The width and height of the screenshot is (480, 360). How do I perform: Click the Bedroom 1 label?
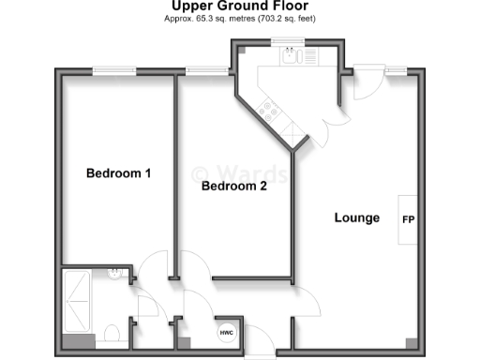118,173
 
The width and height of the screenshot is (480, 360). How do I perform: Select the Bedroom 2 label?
234,187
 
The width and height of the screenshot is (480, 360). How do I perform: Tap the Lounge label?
357,218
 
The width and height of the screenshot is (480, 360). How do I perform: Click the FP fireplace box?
408,219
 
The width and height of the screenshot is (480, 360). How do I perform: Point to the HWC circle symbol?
226,333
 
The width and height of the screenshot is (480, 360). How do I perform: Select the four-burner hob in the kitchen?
272,112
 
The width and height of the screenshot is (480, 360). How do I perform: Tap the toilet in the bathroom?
111,333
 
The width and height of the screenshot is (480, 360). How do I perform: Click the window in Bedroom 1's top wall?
112,69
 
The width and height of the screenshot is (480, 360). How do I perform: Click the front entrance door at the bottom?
260,353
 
